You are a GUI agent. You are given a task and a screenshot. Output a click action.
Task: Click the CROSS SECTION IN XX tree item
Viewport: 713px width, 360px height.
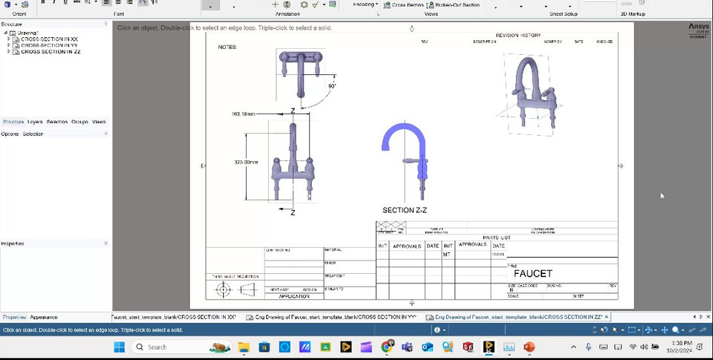coord(49,39)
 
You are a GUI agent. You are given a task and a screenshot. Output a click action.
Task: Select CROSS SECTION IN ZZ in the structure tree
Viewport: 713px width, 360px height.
coord(51,52)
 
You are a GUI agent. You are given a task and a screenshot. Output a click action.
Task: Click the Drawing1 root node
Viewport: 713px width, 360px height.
coord(27,33)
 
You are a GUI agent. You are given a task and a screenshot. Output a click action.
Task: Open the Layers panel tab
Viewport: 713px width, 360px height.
coord(35,122)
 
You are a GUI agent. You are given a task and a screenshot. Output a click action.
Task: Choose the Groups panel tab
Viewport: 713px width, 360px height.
coord(79,122)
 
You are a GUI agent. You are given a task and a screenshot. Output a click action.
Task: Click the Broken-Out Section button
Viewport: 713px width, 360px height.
coord(457,4)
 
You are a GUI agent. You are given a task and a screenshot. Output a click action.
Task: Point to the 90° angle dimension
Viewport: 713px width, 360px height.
coord(331,86)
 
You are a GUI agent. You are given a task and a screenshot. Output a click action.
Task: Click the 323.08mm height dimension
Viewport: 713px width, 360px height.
coord(246,162)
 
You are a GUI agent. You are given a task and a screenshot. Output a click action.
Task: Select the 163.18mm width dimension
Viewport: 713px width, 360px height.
coord(243,114)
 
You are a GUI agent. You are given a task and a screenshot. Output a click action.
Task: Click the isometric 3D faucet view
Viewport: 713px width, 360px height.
coord(531,93)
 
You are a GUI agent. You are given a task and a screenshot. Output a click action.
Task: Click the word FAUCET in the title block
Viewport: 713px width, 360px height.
coord(533,274)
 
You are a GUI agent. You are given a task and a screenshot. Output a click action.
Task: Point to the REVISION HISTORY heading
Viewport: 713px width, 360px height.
coord(518,35)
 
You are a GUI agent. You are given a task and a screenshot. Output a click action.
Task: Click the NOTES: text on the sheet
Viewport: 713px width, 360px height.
coord(228,47)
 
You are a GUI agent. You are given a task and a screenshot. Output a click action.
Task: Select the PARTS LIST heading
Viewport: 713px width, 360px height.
coord(496,238)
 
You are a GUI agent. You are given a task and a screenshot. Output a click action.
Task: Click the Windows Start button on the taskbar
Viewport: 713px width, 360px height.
coord(119,347)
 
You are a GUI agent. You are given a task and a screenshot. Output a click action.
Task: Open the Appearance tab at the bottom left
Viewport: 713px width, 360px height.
coord(44,317)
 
